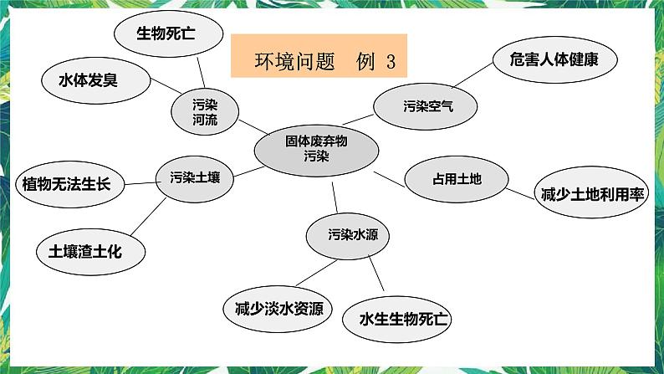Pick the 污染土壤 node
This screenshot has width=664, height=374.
point(195,177)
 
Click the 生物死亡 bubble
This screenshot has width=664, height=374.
point(168,33)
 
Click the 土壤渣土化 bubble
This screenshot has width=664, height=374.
point(89,249)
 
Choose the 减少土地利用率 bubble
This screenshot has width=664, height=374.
point(590,195)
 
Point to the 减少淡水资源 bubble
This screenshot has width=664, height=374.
point(277,308)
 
